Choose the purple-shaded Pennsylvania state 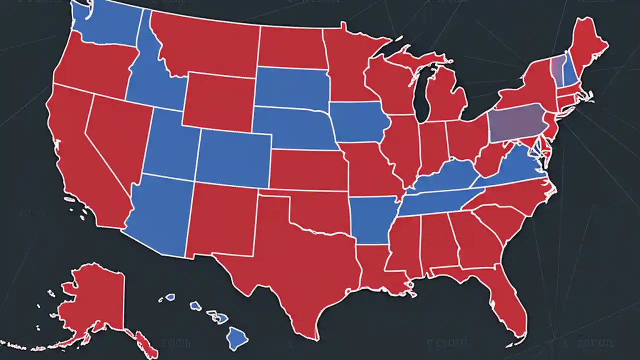(515, 122)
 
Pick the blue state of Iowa (357, 122)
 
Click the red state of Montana (205, 45)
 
